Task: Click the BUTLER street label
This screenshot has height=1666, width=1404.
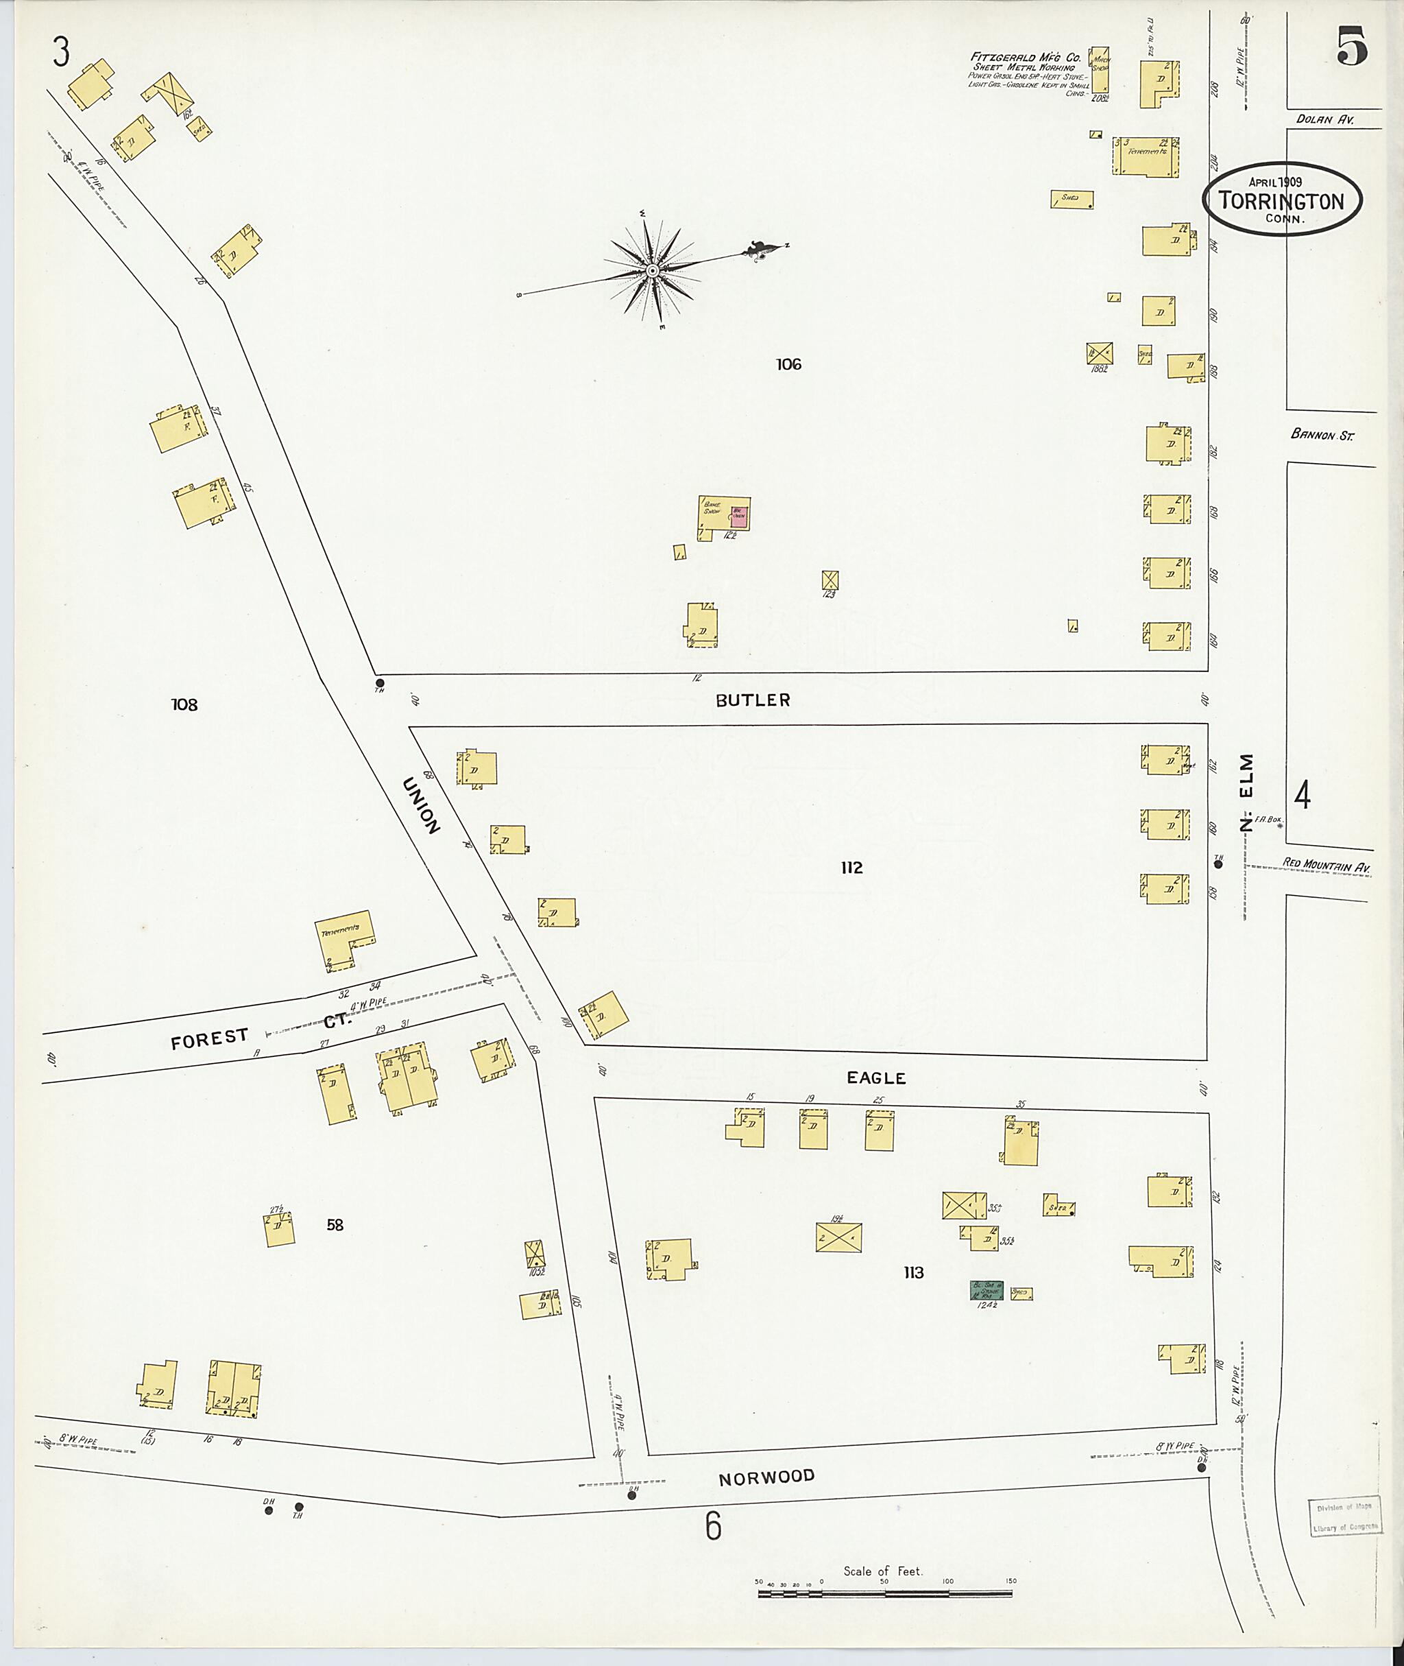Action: click(x=752, y=700)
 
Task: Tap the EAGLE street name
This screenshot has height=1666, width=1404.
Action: click(x=876, y=1078)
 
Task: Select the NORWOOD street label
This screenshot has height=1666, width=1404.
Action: click(x=766, y=1477)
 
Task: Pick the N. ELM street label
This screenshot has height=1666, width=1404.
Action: click(x=1246, y=792)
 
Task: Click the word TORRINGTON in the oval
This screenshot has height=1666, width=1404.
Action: click(x=1281, y=202)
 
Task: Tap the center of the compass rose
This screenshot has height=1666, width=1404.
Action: click(x=653, y=271)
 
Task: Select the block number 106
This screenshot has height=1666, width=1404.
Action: click(x=788, y=365)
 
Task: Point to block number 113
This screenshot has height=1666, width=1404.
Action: click(x=914, y=1272)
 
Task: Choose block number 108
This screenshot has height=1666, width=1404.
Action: click(x=184, y=704)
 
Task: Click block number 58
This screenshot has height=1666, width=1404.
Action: click(x=335, y=1225)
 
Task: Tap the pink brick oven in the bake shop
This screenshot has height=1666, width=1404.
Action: click(x=738, y=516)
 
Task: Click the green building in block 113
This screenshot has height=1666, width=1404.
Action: click(x=986, y=1290)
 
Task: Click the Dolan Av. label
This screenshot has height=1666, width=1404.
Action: click(x=1324, y=120)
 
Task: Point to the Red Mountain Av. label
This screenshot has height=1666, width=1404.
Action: click(x=1327, y=864)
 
